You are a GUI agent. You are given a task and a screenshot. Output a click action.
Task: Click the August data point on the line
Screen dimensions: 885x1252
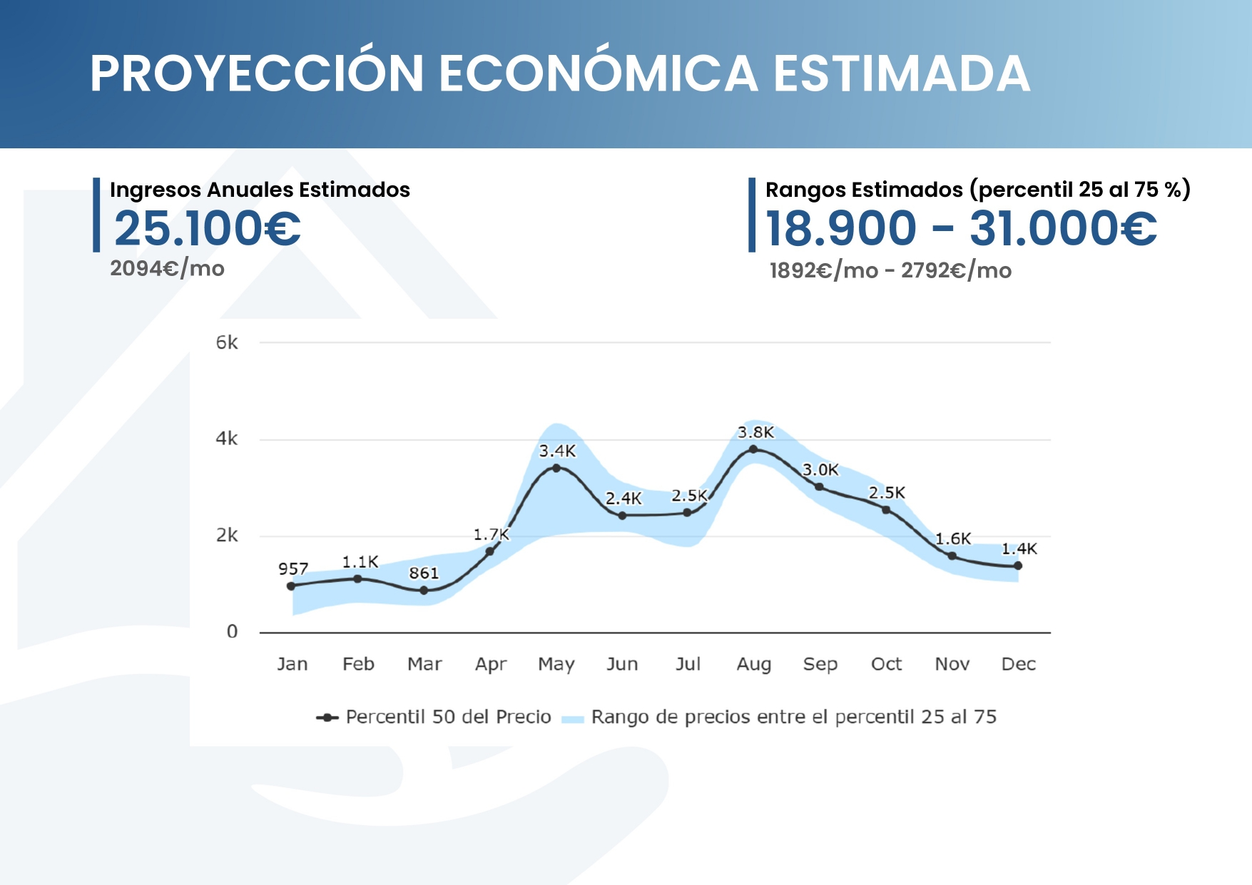753,449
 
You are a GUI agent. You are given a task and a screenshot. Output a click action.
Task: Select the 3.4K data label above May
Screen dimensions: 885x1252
557,451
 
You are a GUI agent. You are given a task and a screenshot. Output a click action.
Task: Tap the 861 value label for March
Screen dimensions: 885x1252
424,573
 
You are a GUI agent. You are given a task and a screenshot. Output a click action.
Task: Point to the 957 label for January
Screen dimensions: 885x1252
293,568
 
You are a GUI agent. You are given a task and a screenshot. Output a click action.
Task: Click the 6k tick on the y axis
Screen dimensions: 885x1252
227,343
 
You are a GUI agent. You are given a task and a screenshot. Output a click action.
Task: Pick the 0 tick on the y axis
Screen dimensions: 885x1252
232,631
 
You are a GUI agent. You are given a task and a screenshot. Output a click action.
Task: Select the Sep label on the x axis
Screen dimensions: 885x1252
820,665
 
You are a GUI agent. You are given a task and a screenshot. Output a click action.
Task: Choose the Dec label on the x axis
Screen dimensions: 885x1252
1018,665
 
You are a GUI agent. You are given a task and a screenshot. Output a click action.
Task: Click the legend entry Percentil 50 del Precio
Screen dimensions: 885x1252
448,717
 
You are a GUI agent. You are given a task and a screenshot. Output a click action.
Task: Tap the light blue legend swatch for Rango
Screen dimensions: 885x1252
572,718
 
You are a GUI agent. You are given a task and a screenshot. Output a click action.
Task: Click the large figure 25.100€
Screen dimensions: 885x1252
208,229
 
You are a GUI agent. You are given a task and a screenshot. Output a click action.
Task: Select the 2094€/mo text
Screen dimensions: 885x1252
168,269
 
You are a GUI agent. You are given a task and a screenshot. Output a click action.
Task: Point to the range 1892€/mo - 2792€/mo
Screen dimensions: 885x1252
890,271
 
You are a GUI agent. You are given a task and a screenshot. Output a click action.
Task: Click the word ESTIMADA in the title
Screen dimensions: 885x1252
902,74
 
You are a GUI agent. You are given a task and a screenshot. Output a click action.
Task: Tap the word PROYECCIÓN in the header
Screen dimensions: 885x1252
257,74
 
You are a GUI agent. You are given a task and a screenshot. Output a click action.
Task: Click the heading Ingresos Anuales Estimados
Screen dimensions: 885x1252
260,190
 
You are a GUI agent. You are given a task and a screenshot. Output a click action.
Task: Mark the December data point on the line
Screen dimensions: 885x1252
1018,566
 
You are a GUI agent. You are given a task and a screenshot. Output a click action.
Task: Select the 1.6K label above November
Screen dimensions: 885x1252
953,538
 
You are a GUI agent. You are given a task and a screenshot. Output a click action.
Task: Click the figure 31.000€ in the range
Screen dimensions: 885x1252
1063,229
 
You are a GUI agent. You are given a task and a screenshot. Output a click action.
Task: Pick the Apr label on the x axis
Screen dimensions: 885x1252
491,665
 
